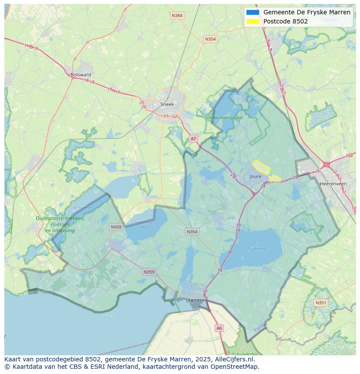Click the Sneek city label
[167, 104]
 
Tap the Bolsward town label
[81, 75]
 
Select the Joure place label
[256, 176]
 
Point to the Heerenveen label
[333, 184]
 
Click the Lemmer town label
[197, 300]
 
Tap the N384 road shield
[177, 16]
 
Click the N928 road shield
[116, 227]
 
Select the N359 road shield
[149, 272]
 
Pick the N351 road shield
[321, 303]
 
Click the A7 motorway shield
[193, 139]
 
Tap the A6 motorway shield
[219, 328]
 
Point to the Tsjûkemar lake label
[257, 249]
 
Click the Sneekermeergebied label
[224, 117]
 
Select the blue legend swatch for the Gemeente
[252, 12]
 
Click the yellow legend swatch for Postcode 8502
[252, 21]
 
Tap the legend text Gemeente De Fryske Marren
[307, 12]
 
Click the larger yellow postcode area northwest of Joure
[262, 167]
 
